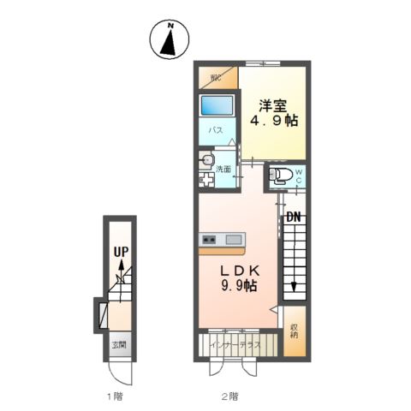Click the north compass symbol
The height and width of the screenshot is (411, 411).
click(170, 39)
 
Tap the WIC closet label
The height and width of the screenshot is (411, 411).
click(216, 78)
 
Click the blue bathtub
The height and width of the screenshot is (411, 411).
click(217, 105)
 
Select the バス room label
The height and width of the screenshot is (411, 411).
click(216, 130)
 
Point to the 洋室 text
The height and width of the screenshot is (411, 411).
click(272, 106)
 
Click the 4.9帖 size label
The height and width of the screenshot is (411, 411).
click(274, 121)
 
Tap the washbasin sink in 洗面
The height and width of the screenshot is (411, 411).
click(206, 161)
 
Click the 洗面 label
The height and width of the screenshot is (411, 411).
click(223, 169)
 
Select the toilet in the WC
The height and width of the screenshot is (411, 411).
click(281, 175)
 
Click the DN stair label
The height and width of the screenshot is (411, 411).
click(294, 217)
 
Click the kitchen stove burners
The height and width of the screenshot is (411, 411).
click(209, 239)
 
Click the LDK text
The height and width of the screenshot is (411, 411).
click(241, 271)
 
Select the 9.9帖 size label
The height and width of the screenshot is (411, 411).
click(239, 285)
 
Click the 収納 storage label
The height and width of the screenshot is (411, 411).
click(295, 331)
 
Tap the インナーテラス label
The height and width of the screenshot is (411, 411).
click(235, 345)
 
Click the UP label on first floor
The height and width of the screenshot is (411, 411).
click(122, 252)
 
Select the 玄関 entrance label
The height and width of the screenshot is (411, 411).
click(119, 345)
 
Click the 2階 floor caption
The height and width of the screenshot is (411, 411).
click(230, 396)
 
